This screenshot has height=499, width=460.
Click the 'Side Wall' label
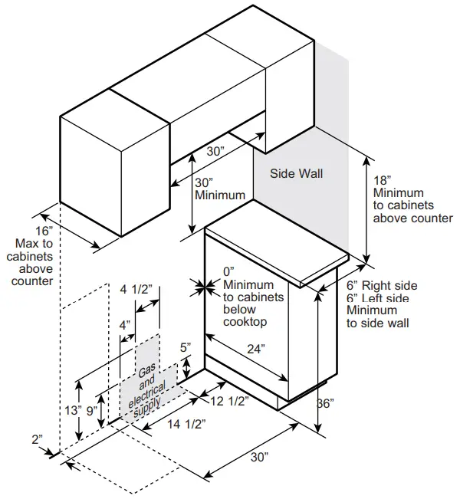click(296, 174)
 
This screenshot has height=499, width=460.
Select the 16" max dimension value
click(44, 230)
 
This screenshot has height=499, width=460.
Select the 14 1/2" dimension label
click(182, 422)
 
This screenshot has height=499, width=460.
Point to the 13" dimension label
click(73, 410)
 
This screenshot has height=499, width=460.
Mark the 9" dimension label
click(92, 410)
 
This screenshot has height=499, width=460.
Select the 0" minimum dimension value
click(228, 272)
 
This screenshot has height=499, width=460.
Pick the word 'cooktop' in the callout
click(245, 322)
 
